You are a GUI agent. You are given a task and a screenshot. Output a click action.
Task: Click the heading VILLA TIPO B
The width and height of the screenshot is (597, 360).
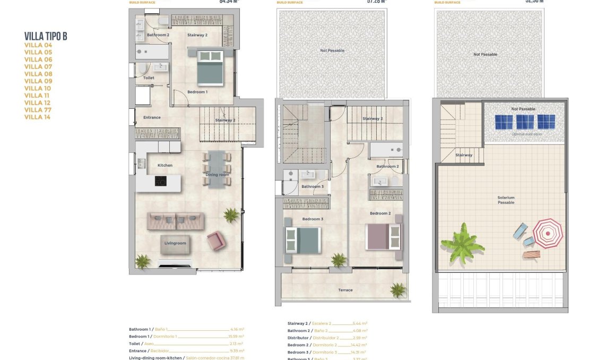tap(46, 36)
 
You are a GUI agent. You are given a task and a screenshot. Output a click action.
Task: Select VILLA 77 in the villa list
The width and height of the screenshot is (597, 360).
tap(38, 110)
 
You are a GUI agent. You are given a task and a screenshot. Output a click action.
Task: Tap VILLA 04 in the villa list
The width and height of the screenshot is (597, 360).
tap(38, 45)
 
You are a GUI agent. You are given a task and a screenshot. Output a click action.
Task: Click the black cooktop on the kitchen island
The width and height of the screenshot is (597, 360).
tap(160, 181)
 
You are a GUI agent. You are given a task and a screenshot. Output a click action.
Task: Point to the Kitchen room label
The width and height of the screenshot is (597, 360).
tap(165, 165)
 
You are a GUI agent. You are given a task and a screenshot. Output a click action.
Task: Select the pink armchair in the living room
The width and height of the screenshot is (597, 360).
tap(215, 241)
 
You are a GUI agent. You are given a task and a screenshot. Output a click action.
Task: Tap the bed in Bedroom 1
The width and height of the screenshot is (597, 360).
tap(210, 67)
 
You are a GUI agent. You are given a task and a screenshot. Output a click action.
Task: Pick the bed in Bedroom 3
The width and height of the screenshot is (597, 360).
tap(303, 240)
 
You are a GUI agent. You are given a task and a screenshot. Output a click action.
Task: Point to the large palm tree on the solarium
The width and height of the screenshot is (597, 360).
tap(462, 244)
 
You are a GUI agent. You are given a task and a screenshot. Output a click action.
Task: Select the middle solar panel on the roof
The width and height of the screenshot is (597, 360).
tap(524, 122)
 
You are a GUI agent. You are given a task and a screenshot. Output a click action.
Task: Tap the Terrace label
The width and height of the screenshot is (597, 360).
tap(345, 290)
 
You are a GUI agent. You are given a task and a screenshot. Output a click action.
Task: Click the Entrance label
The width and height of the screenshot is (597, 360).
tap(151, 117)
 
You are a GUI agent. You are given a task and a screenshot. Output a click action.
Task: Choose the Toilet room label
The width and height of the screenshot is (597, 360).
tap(149, 78)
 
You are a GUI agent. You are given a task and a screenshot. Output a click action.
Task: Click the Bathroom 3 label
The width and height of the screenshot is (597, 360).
tap(312, 186)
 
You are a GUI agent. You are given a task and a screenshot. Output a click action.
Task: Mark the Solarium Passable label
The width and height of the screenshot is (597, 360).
tap(506, 200)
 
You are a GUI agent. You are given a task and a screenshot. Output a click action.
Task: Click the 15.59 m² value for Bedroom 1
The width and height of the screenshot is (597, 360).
tap(237, 337)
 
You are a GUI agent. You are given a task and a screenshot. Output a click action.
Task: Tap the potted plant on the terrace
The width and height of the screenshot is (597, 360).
tap(397, 289)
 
